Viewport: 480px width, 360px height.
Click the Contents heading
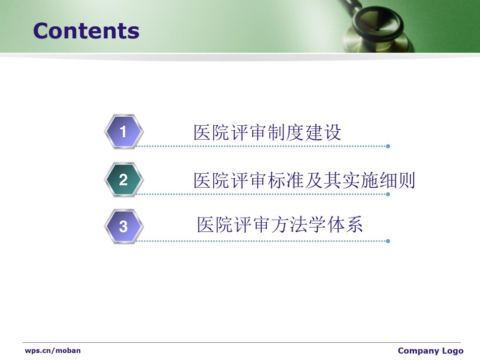86,31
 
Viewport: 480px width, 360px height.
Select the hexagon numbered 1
123,131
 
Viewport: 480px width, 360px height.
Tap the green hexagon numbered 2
123,180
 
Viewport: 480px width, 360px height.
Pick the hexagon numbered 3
123,226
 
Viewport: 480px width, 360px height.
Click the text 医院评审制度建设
267,132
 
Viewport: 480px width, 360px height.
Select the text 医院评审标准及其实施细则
304,180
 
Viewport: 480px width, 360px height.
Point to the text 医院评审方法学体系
280,225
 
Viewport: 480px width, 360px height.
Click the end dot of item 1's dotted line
388,146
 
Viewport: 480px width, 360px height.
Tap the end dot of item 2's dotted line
388,194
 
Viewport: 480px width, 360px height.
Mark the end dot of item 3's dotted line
388,241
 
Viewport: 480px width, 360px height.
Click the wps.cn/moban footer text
53,350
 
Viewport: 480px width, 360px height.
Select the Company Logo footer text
430,351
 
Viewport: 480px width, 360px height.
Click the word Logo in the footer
452,351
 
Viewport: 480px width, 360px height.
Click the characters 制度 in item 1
285,132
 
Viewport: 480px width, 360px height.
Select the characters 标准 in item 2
285,180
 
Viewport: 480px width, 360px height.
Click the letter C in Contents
41,31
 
